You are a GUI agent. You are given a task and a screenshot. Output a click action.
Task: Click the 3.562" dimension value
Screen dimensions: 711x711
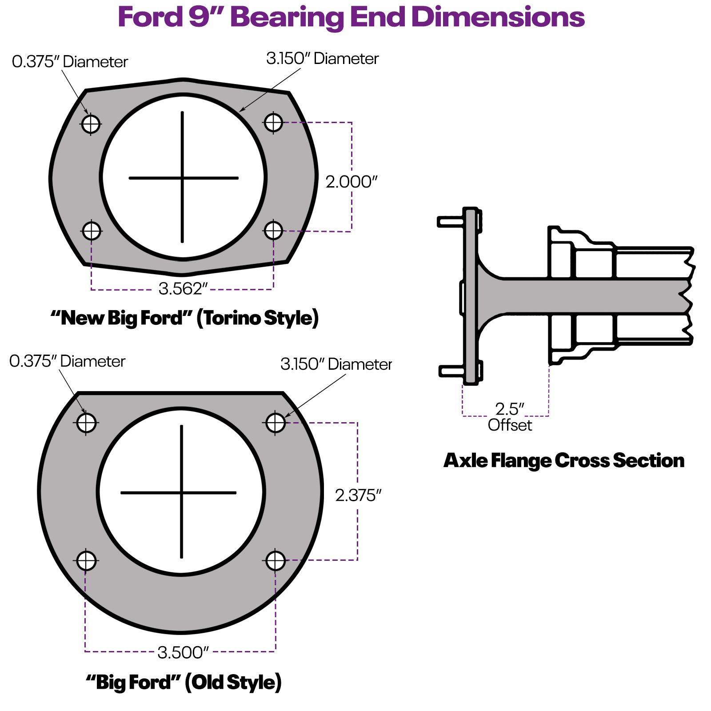pos(183,289)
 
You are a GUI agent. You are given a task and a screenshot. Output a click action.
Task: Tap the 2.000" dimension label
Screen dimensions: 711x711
pos(351,182)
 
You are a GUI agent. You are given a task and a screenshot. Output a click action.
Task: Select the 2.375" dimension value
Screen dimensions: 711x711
pos(358,495)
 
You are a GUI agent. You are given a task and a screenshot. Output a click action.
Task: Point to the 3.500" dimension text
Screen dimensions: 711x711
pos(183,652)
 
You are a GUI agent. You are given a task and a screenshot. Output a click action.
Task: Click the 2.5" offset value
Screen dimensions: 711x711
pos(510,409)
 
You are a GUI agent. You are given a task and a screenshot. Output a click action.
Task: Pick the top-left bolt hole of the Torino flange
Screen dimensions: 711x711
pos(91,124)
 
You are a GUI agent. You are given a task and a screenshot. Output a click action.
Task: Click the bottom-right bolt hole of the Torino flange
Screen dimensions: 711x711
pos(273,231)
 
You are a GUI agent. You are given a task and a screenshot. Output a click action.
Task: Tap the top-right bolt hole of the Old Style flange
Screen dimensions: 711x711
pos(276,423)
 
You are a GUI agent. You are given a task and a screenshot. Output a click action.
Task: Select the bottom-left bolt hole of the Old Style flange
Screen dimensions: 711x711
pos(86,561)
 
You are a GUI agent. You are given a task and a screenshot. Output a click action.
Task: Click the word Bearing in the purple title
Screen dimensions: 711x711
pos(288,18)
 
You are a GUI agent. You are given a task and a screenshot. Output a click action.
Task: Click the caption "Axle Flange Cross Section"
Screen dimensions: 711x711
pos(563,460)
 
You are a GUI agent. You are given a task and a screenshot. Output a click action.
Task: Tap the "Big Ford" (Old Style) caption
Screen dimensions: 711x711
pos(184,682)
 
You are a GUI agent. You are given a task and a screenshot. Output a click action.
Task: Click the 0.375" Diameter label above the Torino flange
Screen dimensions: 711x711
pos(70,62)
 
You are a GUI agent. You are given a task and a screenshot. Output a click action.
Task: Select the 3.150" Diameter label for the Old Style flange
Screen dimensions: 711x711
pos(336,364)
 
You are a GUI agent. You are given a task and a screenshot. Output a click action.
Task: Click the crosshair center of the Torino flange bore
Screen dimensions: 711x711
pos(182,178)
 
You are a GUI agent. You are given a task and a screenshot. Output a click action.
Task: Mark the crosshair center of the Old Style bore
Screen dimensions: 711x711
pos(181,492)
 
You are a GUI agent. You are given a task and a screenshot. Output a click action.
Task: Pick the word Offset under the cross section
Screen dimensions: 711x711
pos(510,425)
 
